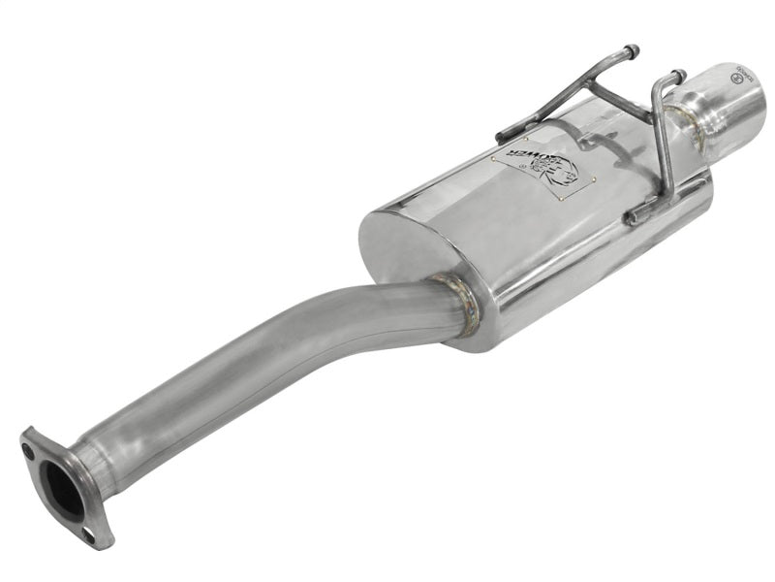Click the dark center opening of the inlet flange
click(59, 487)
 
